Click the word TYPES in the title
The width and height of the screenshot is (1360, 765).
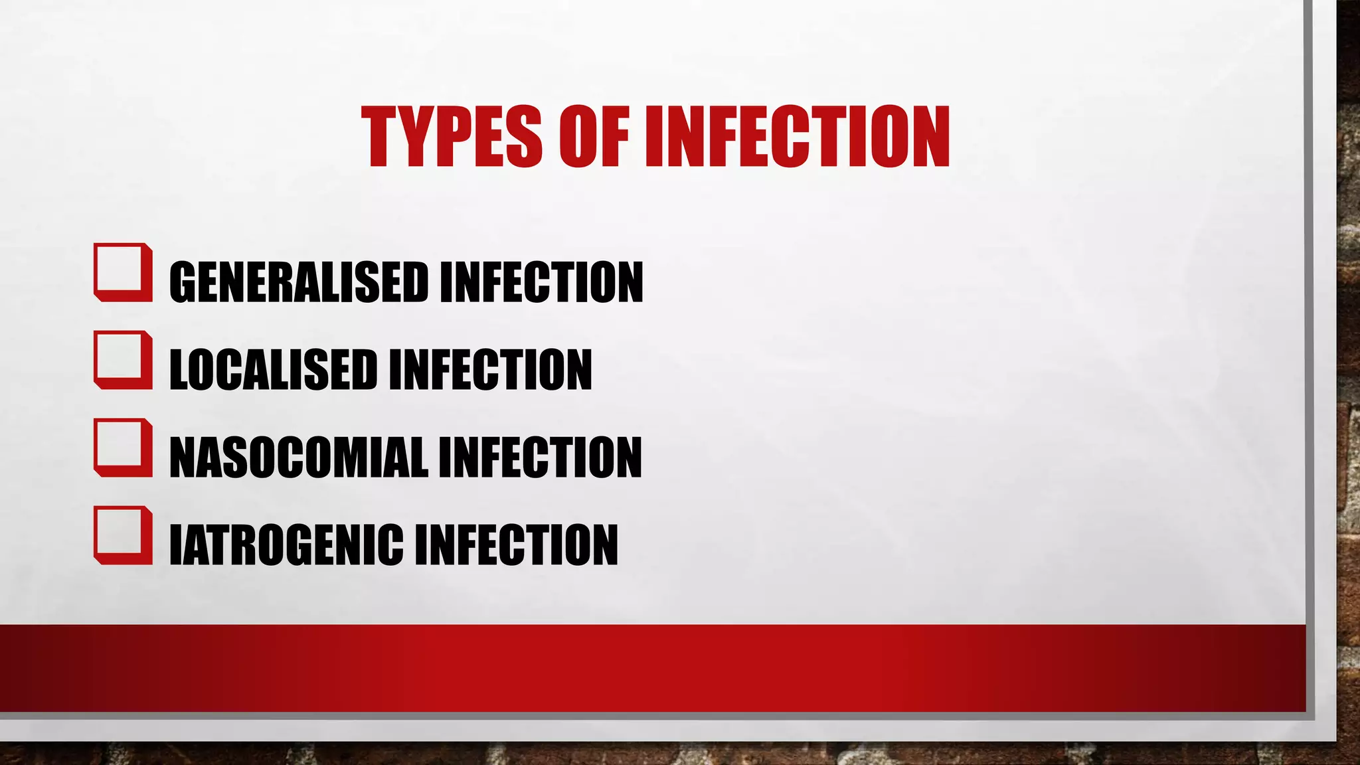tap(452, 137)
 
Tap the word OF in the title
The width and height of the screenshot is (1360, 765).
tap(594, 137)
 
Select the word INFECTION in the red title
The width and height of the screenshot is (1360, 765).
tap(798, 137)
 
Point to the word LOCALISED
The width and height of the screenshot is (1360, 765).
tap(273, 369)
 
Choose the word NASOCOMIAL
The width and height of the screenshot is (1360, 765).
tap(298, 457)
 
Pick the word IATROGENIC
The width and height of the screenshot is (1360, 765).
tap(286, 545)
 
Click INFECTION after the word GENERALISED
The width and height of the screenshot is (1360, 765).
tap(541, 282)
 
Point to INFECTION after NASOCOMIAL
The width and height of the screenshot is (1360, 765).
tap(540, 457)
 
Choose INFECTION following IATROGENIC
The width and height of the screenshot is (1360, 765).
tap(516, 545)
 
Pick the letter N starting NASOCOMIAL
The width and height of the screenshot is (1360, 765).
tap(184, 457)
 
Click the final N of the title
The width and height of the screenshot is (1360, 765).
tap(928, 137)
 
